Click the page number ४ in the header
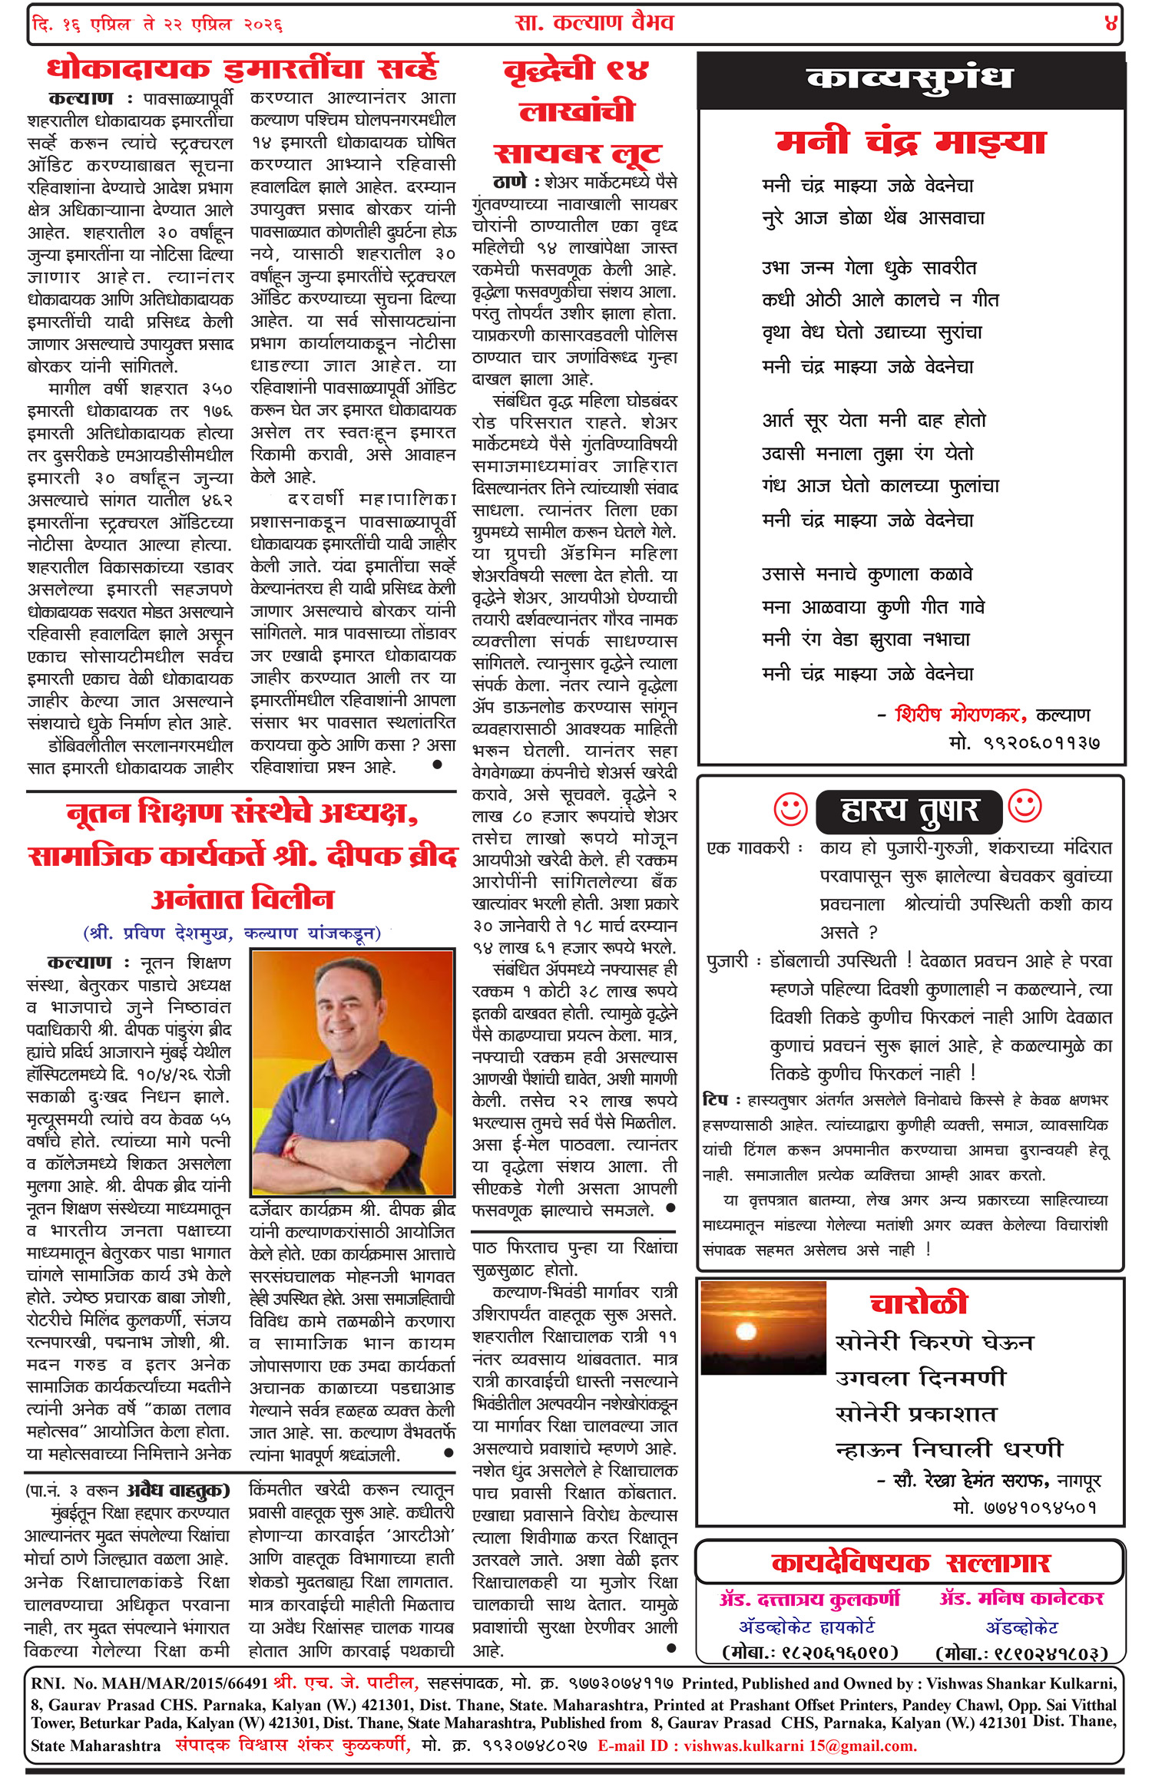(1111, 23)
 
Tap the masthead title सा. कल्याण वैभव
(594, 23)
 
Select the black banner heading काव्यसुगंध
(909, 80)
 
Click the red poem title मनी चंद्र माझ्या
(910, 143)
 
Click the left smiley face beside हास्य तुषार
(790, 809)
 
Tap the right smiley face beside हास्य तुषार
(1025, 806)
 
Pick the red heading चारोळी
(918, 1303)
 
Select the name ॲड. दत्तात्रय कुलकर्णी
(809, 1600)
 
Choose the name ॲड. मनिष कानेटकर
(1021, 1599)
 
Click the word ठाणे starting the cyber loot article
(510, 183)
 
